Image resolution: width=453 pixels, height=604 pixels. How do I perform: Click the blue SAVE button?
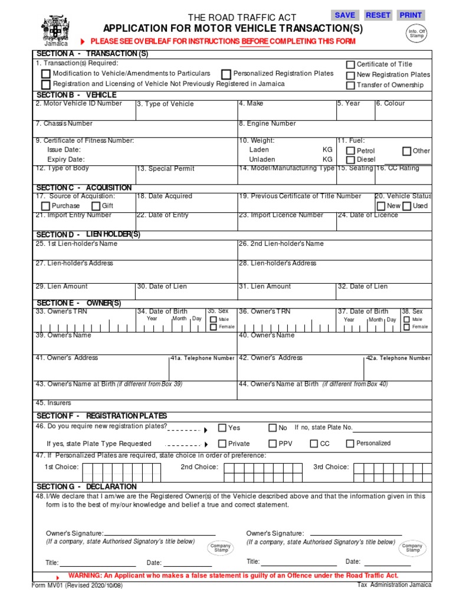345,15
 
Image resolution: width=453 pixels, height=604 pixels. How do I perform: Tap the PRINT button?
411,15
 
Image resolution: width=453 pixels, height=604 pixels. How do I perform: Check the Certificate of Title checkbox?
350,64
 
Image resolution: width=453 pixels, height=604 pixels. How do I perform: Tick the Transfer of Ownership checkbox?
350,85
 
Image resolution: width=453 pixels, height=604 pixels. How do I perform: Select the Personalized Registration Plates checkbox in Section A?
226,74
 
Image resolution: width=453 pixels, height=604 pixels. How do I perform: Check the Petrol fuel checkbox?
350,151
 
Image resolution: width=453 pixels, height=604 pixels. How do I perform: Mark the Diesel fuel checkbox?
350,160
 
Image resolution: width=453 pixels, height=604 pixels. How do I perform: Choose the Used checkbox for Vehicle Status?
406,206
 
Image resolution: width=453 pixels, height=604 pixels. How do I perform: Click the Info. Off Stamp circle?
417,34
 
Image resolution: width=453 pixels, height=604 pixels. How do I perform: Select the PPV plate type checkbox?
273,444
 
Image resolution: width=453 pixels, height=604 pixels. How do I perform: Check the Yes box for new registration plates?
222,428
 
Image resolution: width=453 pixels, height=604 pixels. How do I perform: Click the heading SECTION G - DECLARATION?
87,487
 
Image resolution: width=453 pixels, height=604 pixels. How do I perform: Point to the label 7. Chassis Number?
64,124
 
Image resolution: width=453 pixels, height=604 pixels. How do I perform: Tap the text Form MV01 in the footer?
48,586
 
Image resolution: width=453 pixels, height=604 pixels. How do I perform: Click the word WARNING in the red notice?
86,575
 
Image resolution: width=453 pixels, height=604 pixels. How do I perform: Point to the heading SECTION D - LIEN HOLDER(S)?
88,235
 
